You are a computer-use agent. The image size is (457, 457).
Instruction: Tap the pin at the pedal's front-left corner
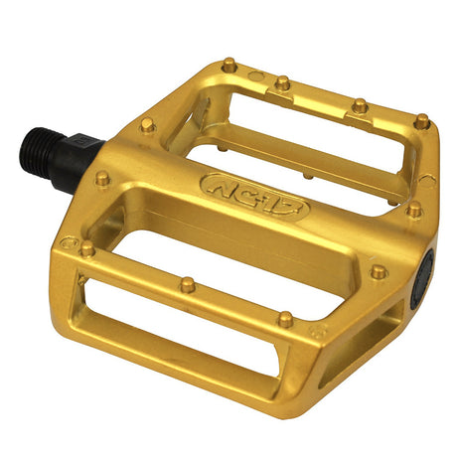click(x=88, y=248)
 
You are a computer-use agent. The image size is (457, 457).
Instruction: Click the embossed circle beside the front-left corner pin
click(x=68, y=241)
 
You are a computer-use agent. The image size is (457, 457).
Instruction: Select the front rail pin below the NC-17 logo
click(x=187, y=285)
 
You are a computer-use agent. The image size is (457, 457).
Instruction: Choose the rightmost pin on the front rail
click(x=286, y=319)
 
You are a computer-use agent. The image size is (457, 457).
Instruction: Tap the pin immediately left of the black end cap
click(x=379, y=270)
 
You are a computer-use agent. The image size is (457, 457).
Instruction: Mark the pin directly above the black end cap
click(x=415, y=210)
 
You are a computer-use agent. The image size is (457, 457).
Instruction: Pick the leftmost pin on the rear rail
click(x=229, y=66)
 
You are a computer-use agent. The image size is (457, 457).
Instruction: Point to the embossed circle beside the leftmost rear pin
click(x=252, y=74)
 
